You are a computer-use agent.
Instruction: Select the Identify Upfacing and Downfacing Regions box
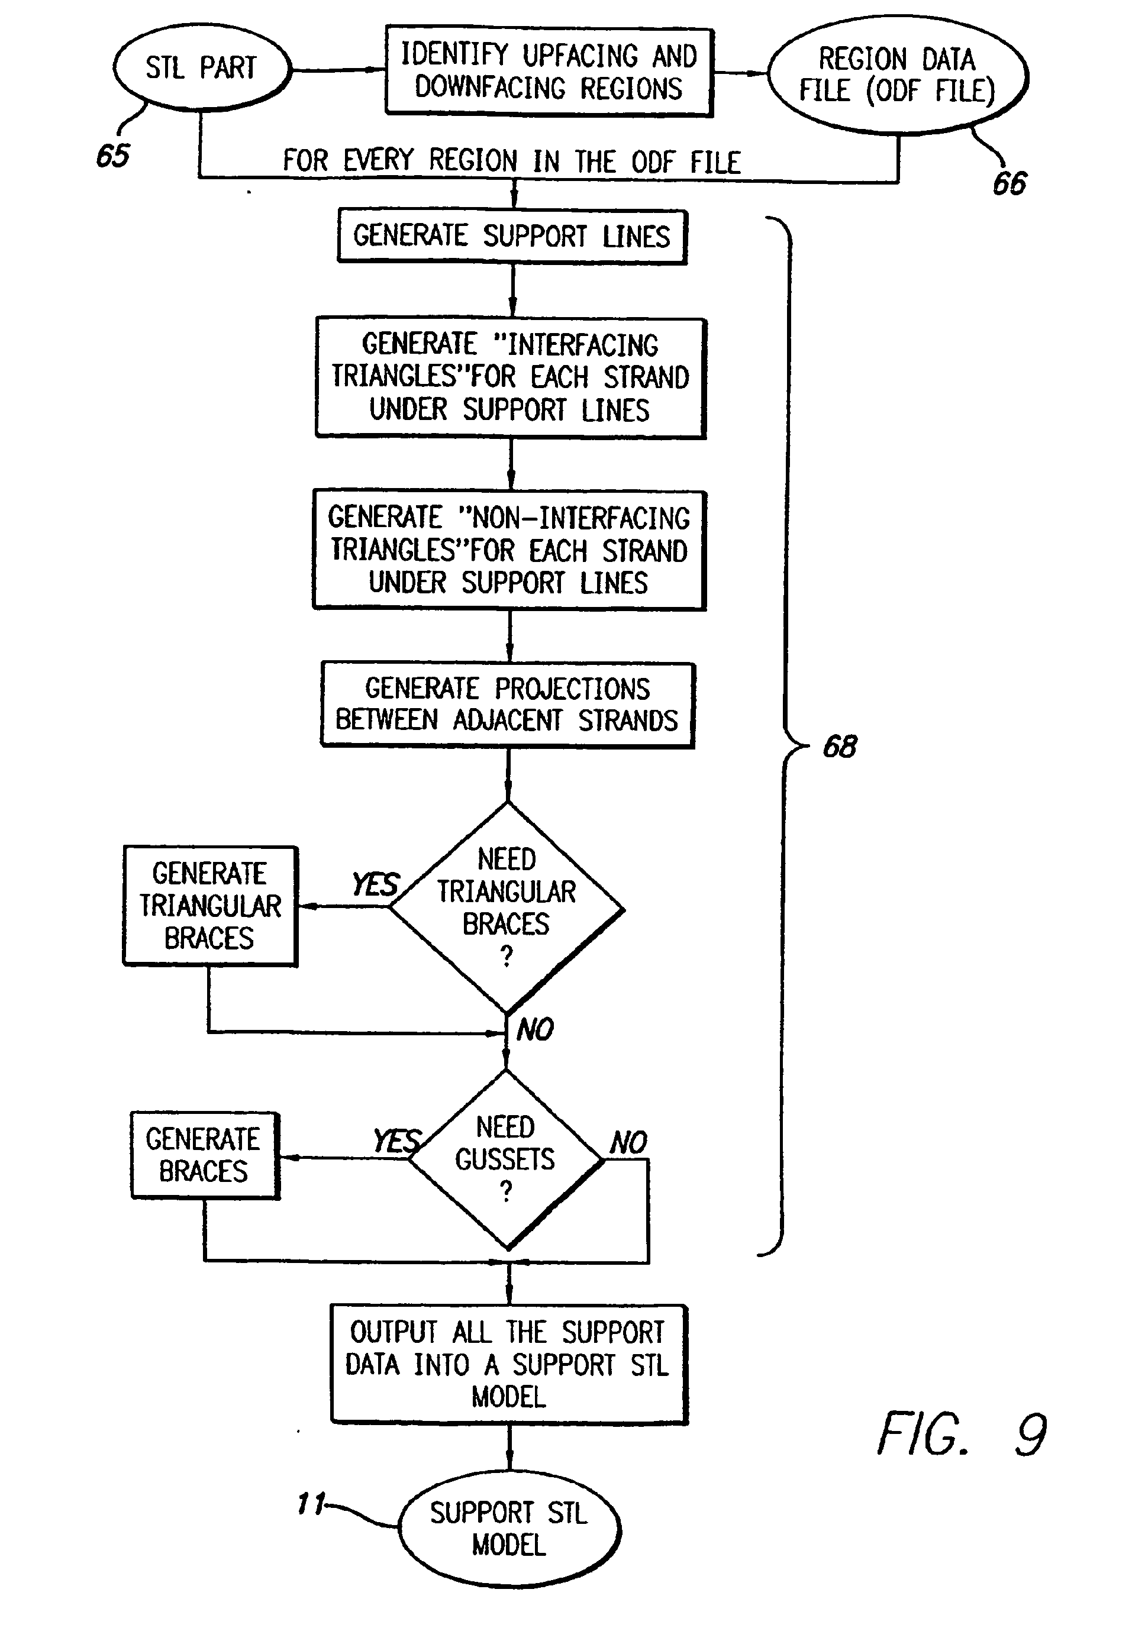[549, 72]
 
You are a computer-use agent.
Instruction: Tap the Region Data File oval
[897, 75]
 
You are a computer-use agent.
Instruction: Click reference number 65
[114, 155]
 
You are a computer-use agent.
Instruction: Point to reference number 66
[1010, 183]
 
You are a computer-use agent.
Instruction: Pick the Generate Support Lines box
[511, 236]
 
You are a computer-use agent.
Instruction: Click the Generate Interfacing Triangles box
[511, 377]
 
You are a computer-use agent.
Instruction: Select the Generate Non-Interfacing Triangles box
[509, 550]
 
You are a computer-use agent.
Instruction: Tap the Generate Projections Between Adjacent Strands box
[507, 704]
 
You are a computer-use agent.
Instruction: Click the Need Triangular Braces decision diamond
[507, 907]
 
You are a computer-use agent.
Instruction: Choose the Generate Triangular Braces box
[210, 906]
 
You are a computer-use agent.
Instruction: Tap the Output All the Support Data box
[508, 1364]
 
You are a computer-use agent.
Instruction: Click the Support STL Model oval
[509, 1529]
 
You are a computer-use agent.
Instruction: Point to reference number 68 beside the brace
[840, 747]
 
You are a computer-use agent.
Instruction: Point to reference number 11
[311, 1503]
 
